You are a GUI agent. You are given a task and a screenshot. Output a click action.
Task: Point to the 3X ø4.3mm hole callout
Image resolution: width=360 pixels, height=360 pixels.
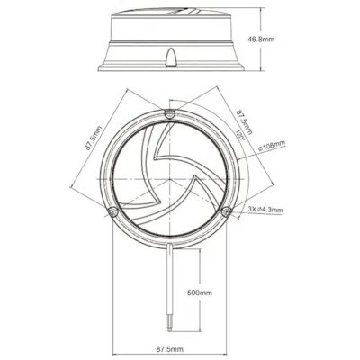tap(265, 210)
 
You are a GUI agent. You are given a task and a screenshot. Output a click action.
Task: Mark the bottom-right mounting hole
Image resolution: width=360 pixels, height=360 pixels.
tap(228, 213)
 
